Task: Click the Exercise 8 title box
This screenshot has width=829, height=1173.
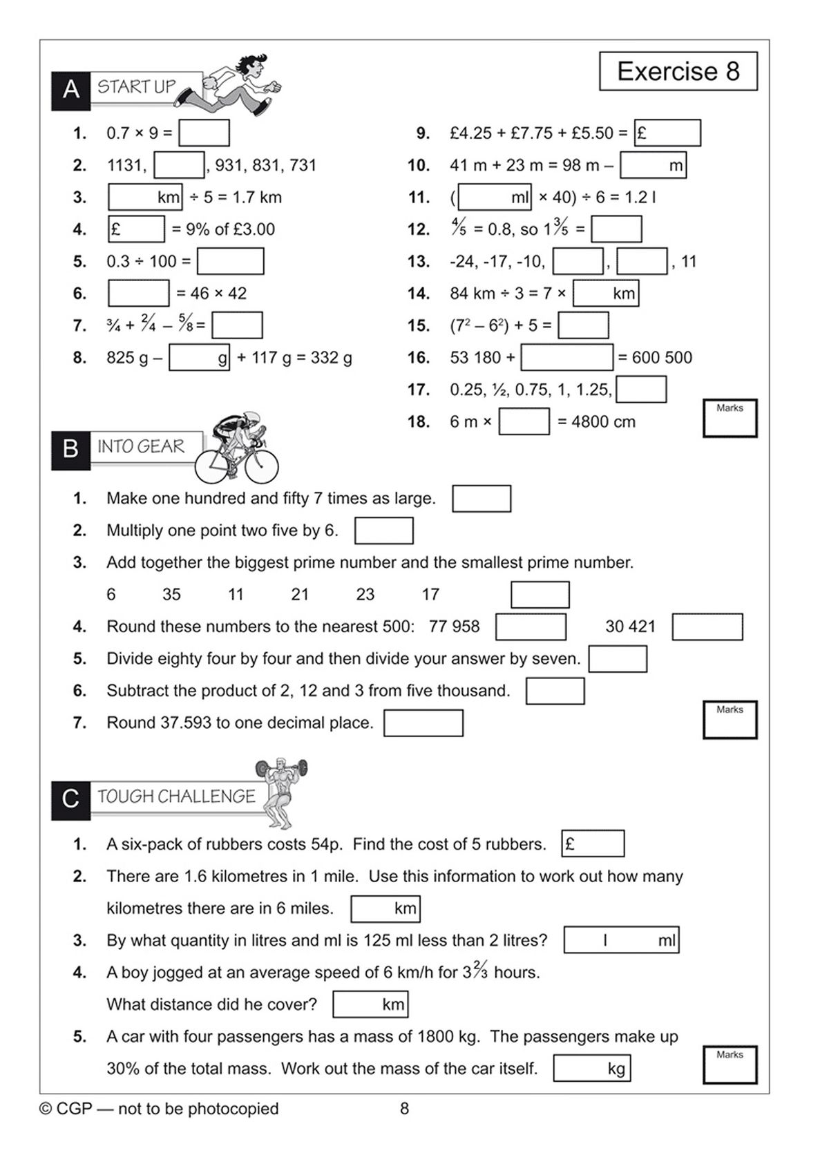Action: (678, 71)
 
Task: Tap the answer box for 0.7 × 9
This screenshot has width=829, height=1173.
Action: (204, 133)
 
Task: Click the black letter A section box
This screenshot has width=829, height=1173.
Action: (70, 90)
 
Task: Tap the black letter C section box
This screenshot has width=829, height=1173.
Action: (70, 799)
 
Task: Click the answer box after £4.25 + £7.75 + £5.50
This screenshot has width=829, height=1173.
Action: (667, 133)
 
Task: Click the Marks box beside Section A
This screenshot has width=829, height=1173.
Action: (730, 418)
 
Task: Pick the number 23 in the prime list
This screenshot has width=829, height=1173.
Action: (365, 594)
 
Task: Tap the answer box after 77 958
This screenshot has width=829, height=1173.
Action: (531, 627)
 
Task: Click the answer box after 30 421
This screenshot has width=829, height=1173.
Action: (707, 627)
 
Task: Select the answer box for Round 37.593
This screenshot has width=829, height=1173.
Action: (423, 723)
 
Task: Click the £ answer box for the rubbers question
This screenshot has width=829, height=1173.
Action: (593, 843)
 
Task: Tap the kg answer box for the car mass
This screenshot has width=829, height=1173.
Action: (591, 1069)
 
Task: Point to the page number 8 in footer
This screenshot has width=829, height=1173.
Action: (404, 1109)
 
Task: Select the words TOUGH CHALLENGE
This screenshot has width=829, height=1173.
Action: (176, 797)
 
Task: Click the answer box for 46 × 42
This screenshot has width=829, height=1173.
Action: (138, 293)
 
